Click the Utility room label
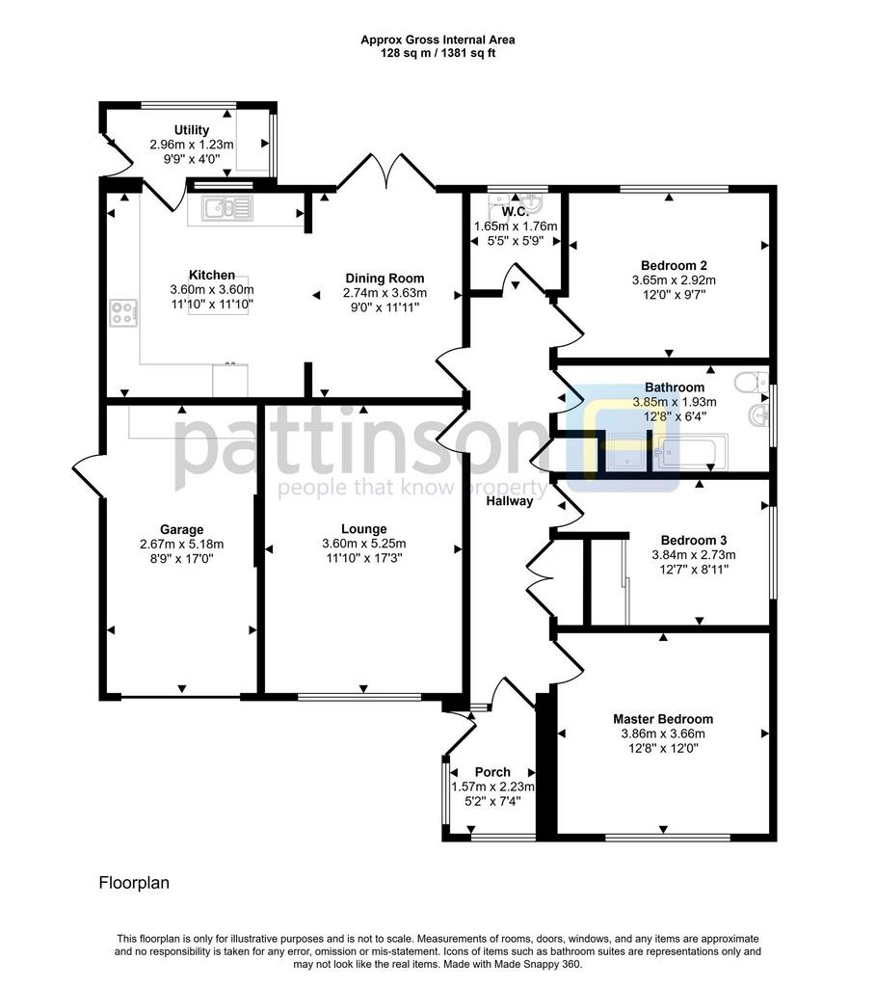tap(192, 130)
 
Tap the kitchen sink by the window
tap(226, 208)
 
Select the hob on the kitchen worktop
tap(123, 313)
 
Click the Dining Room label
tap(385, 279)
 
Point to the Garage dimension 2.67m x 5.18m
tap(181, 545)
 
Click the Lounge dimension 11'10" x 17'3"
tap(363, 558)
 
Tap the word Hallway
tap(509, 501)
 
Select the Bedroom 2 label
tap(674, 266)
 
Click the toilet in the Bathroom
tap(752, 382)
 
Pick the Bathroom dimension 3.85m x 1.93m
tap(674, 402)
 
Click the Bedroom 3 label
tap(694, 540)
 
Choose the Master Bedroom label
tap(663, 719)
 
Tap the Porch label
tap(492, 772)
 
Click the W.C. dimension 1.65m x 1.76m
tap(516, 226)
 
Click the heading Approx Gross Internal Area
tap(438, 40)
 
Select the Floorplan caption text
tap(134, 883)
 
